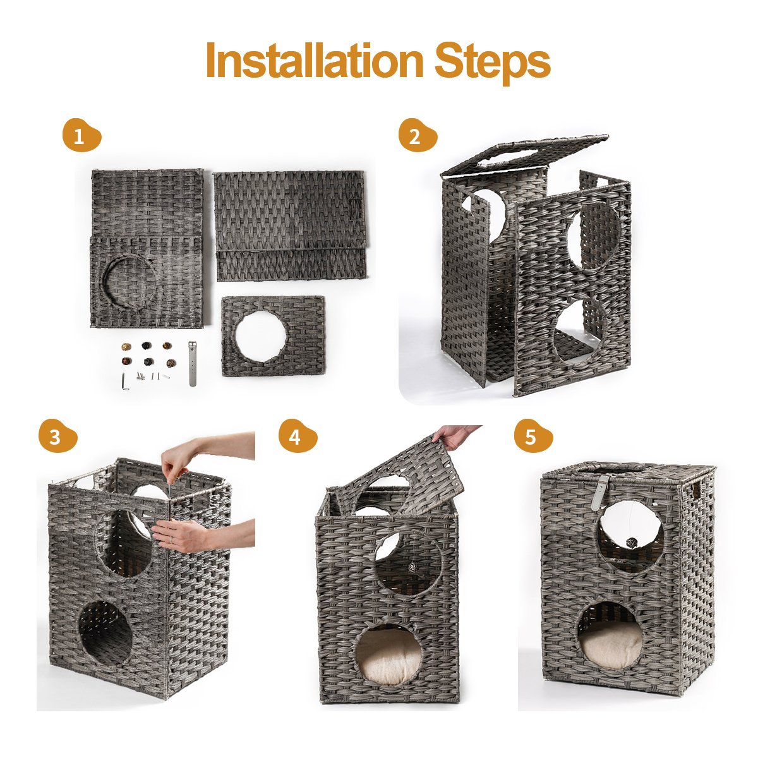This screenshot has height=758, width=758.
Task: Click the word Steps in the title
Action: pyautogui.click(x=492, y=63)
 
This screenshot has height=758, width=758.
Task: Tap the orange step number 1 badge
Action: pyautogui.click(x=82, y=135)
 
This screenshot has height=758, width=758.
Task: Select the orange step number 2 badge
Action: pyautogui.click(x=418, y=135)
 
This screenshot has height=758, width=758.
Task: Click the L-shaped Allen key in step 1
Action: pyautogui.click(x=124, y=381)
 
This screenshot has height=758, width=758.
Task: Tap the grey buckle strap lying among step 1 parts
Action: pyautogui.click(x=193, y=364)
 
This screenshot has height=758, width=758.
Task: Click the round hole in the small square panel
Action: pyautogui.click(x=261, y=336)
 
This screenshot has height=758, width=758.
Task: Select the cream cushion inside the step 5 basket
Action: pyautogui.click(x=611, y=646)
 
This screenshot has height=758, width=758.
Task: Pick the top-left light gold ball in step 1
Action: pyautogui.click(x=126, y=347)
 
